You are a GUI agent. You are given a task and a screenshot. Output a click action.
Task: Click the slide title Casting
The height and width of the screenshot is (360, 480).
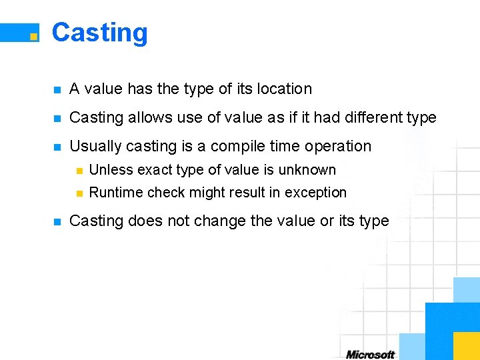coord(99,33)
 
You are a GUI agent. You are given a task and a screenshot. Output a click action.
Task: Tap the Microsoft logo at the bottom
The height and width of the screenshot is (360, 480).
coord(370,355)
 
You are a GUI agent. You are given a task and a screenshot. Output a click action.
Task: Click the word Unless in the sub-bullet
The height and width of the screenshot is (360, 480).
coord(110,170)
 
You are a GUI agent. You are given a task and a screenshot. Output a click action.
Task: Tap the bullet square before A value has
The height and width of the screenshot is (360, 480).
coord(57,89)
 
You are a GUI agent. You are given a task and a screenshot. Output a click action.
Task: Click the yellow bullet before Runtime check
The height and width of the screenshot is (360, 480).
coord(79,193)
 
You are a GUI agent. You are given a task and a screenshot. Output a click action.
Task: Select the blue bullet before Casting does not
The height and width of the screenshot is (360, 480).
coord(57,221)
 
